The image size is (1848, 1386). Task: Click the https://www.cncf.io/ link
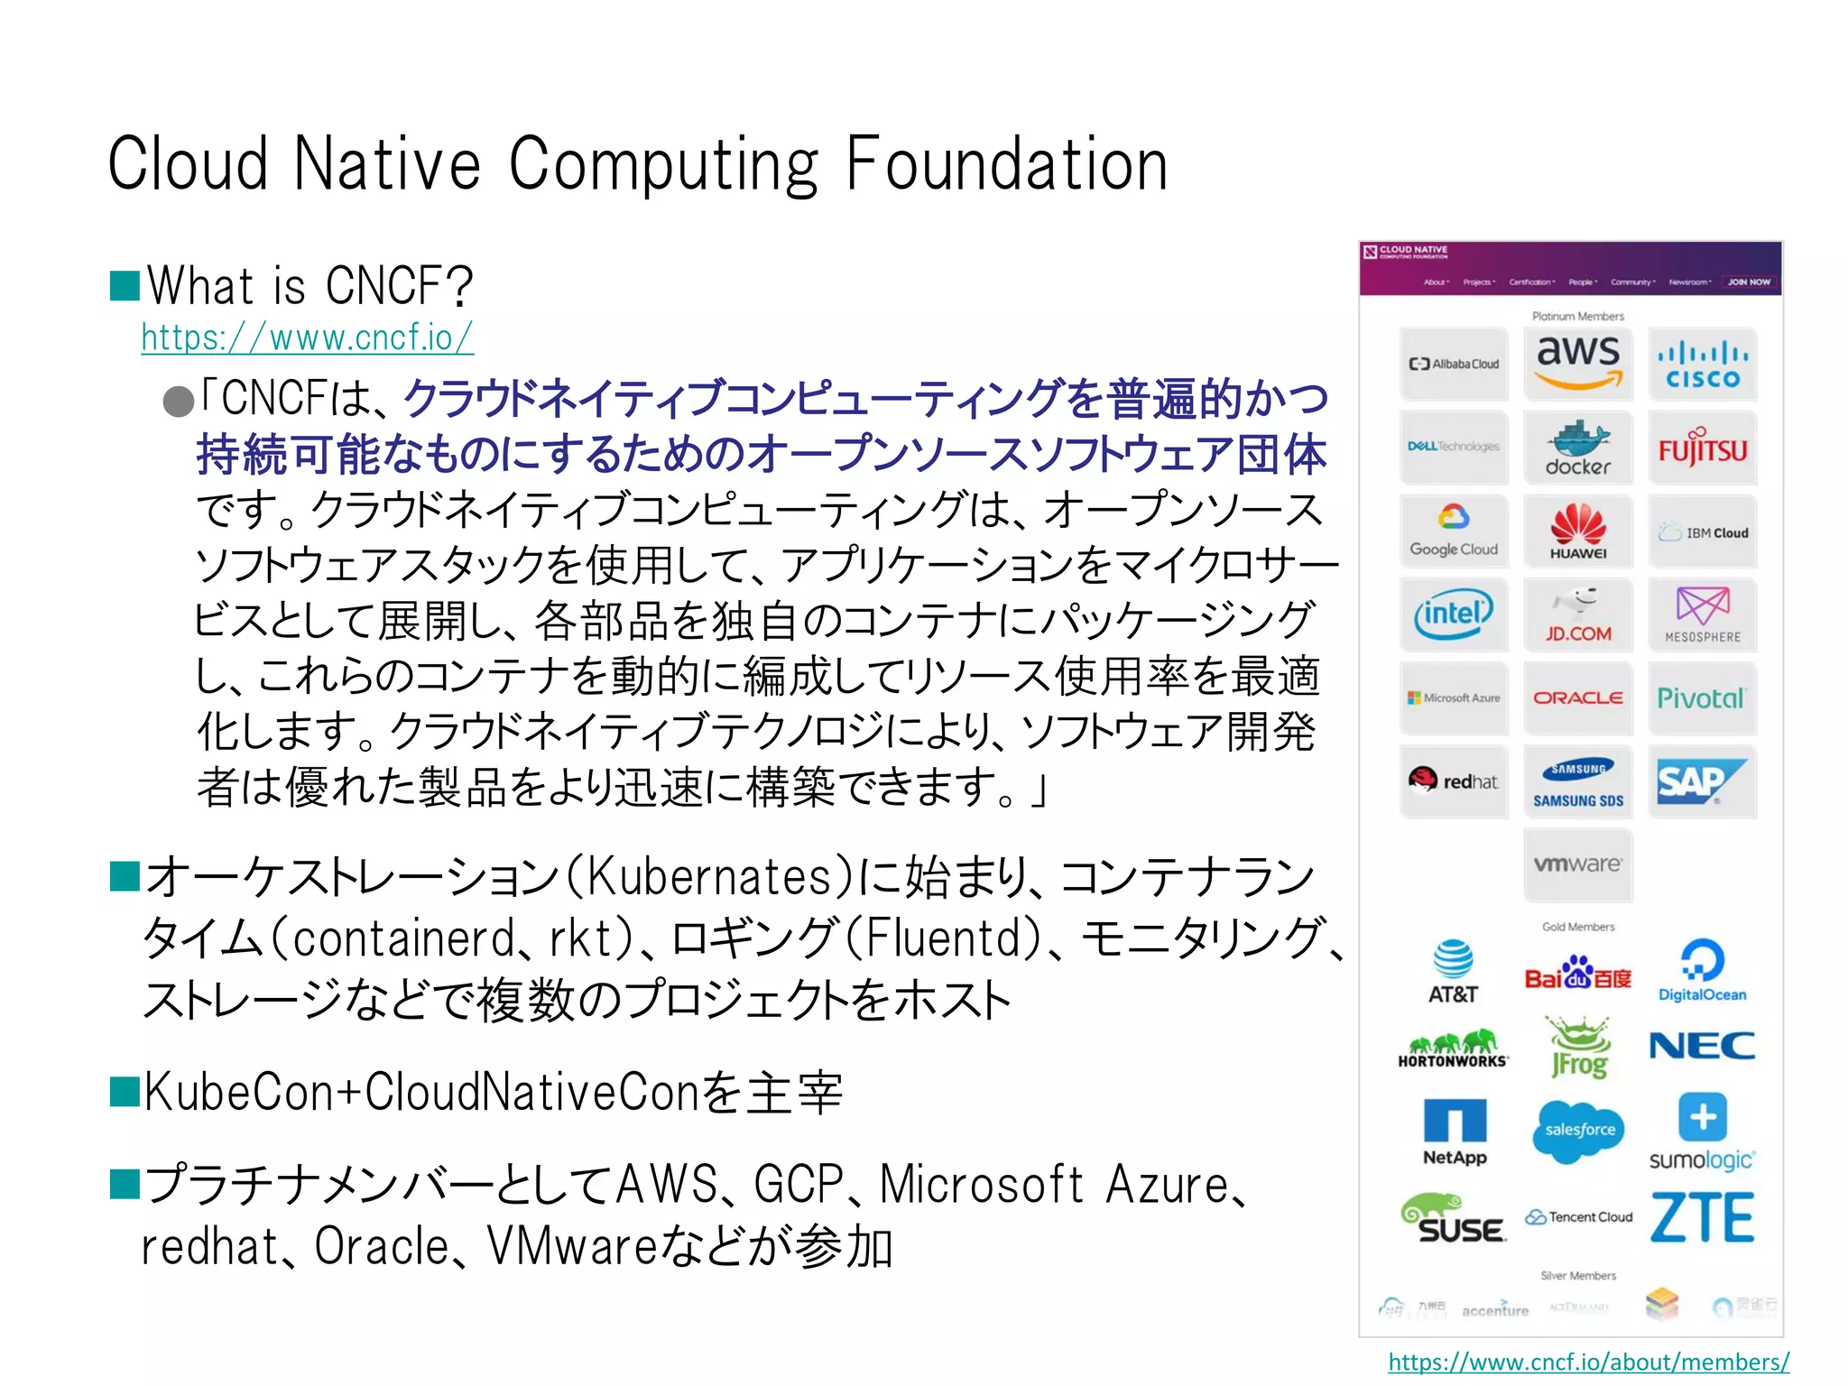(x=307, y=338)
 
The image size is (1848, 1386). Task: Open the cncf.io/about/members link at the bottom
(x=1588, y=1362)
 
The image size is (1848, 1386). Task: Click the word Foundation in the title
(x=1007, y=165)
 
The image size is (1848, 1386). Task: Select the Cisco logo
(x=1703, y=365)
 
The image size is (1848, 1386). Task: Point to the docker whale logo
(x=1578, y=448)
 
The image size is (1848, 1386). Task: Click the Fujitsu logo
(x=1703, y=448)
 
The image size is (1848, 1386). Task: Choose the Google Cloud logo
(x=1454, y=531)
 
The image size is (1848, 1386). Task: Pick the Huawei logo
(x=1578, y=531)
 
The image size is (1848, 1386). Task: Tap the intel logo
(x=1454, y=614)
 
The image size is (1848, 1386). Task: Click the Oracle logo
(x=1578, y=698)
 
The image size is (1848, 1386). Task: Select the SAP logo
(x=1701, y=781)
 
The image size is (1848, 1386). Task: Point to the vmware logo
(x=1578, y=864)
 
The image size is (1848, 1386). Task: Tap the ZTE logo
(x=1702, y=1218)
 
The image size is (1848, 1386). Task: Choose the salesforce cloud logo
(x=1578, y=1131)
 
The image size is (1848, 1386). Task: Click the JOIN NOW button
(x=1749, y=282)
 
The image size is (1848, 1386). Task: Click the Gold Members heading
(x=1578, y=927)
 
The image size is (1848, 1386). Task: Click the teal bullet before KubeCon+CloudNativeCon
(x=125, y=1091)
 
